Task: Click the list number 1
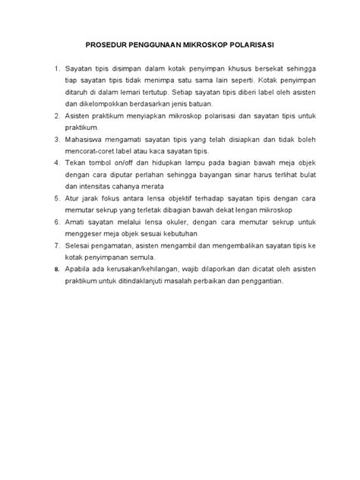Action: tap(58, 69)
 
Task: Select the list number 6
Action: tap(58, 221)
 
